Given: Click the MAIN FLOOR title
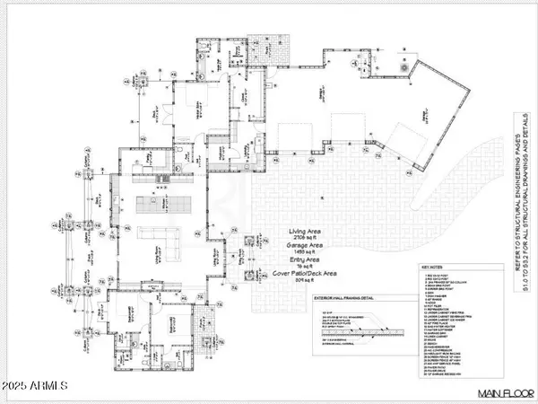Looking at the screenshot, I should [500, 393].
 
